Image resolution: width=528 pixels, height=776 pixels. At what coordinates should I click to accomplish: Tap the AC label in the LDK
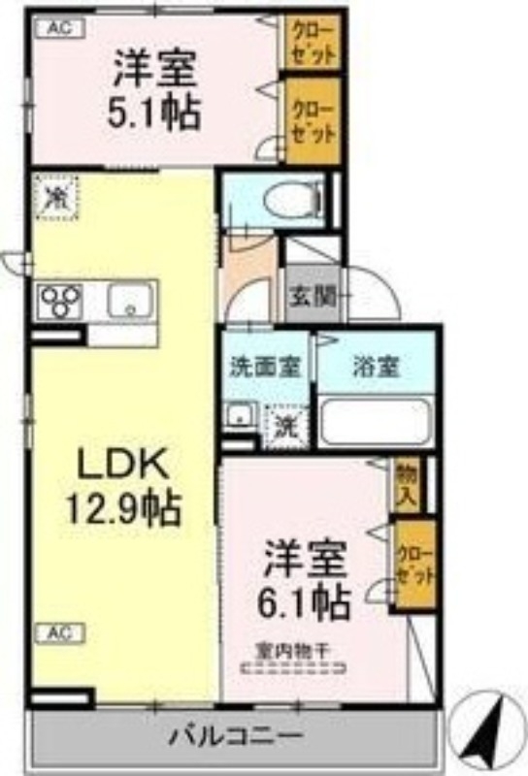59,633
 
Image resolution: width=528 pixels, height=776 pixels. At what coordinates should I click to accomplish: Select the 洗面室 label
258,369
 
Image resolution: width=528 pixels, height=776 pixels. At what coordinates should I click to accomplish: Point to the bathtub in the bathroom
376,420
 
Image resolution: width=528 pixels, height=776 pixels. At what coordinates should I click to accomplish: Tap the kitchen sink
127,303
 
